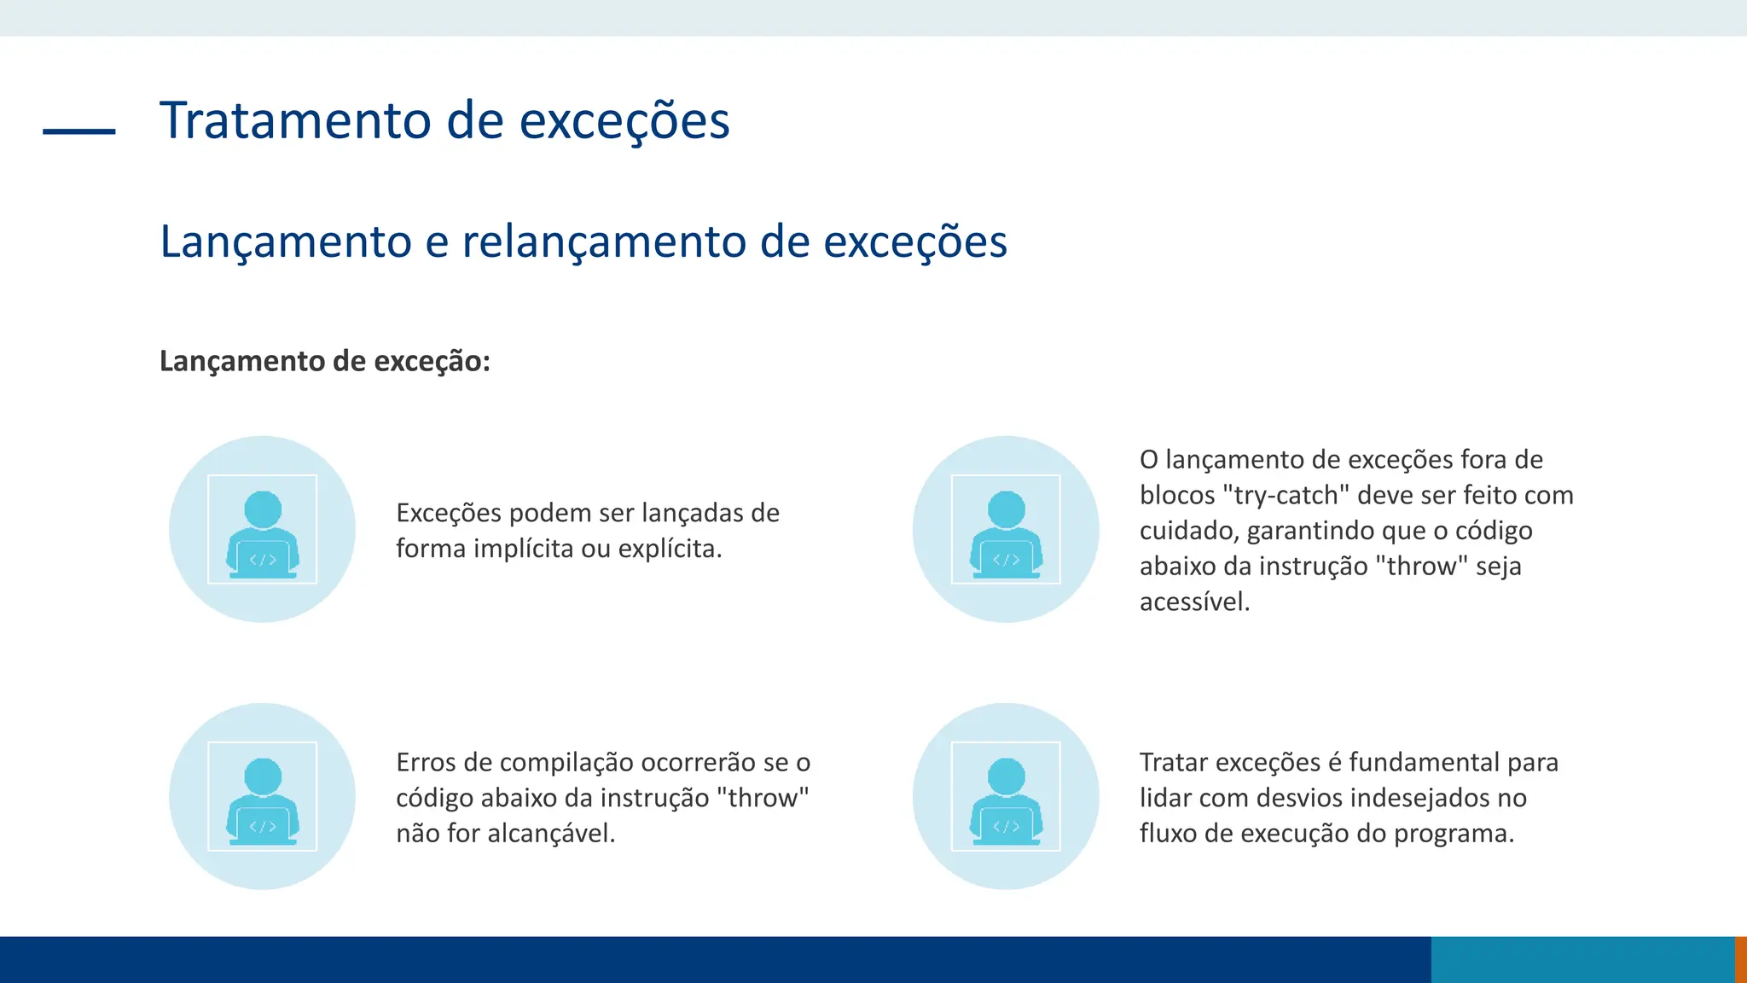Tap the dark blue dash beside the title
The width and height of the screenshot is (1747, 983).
click(x=79, y=131)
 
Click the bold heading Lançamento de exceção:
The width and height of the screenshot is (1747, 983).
click(x=325, y=361)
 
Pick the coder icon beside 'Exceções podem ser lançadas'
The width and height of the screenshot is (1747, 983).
click(x=262, y=530)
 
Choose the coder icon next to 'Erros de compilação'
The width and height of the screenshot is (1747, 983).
click(x=262, y=796)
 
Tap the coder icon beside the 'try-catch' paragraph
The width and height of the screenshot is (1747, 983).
click(x=1006, y=530)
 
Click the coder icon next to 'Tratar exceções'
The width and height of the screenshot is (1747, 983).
click(x=1006, y=796)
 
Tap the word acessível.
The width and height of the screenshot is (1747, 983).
click(x=1194, y=602)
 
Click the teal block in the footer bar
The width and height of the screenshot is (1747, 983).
click(x=1582, y=960)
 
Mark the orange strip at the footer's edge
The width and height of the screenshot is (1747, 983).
click(x=1741, y=960)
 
